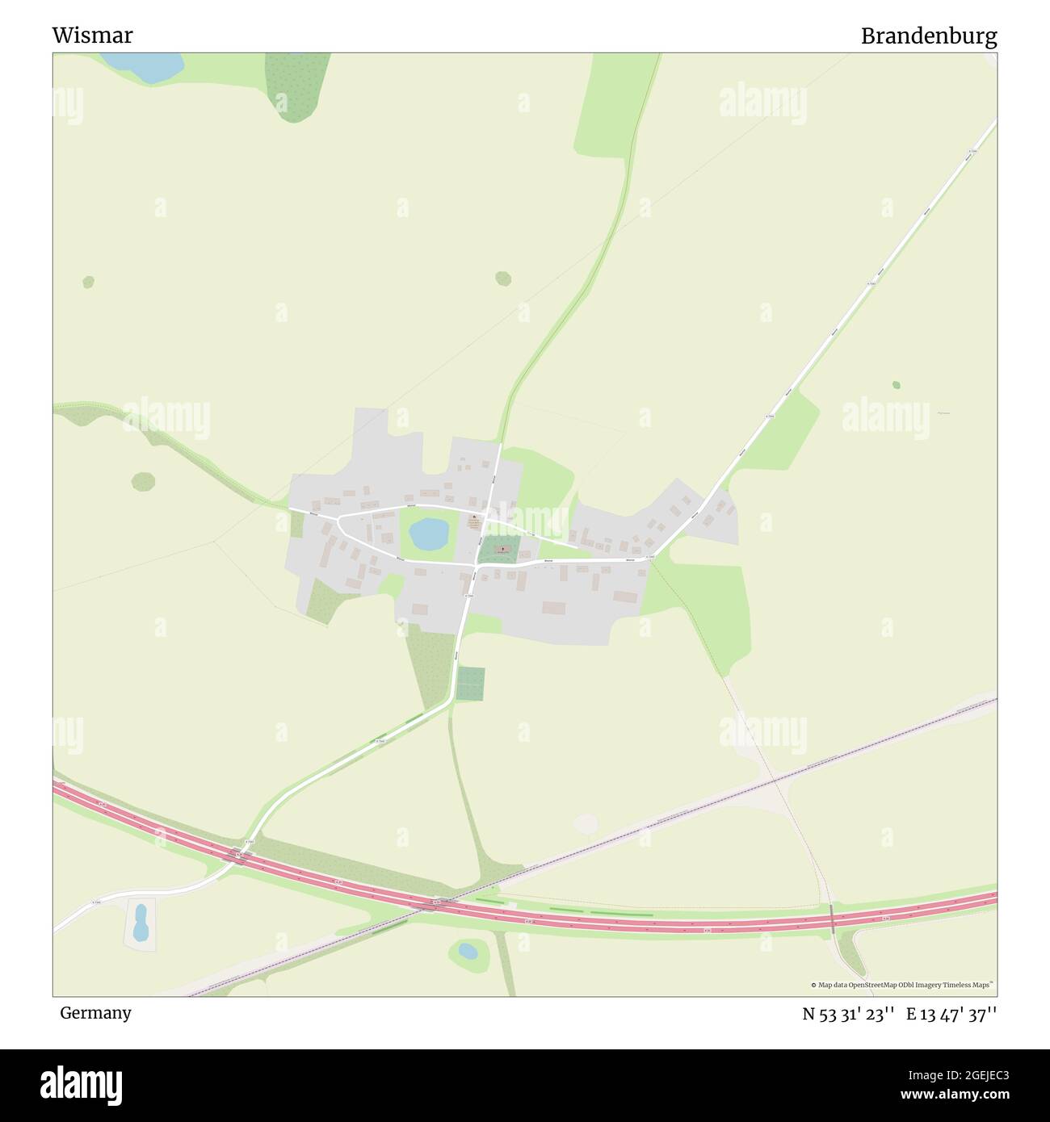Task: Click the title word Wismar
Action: pyautogui.click(x=92, y=36)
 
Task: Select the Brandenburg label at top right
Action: pyautogui.click(x=928, y=36)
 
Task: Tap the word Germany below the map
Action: pyautogui.click(x=95, y=1013)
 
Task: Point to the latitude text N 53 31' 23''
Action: pyautogui.click(x=847, y=1014)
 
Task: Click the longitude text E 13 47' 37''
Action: pyautogui.click(x=951, y=1014)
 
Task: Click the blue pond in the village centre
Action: pyautogui.click(x=428, y=533)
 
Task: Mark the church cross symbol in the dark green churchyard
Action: pyautogui.click(x=503, y=549)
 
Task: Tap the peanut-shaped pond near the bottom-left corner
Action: pyautogui.click(x=141, y=923)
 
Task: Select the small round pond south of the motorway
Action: pyautogui.click(x=468, y=950)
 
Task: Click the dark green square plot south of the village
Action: pyautogui.click(x=470, y=684)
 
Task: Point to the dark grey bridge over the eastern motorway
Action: pyautogui.click(x=832, y=919)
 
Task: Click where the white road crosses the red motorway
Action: pyautogui.click(x=239, y=853)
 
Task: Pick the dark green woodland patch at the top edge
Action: pyautogui.click(x=297, y=85)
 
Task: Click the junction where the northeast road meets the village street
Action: pyautogui.click(x=651, y=557)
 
